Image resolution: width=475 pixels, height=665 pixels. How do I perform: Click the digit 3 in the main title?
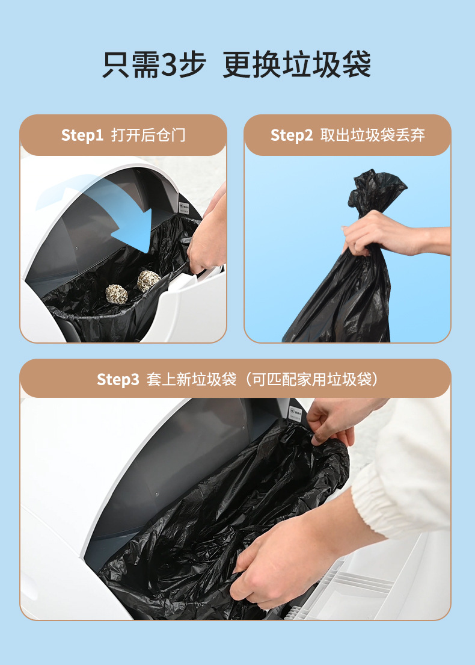170,64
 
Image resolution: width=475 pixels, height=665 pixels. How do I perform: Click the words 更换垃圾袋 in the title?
296,64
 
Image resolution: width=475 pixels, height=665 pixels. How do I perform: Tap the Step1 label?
82,135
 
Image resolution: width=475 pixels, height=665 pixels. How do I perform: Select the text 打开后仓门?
149,135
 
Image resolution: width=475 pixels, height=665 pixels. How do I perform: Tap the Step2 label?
292,135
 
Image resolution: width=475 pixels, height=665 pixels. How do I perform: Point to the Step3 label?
118,379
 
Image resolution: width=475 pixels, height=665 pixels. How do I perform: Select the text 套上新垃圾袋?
191,379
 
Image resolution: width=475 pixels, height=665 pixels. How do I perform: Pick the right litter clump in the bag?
148,280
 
